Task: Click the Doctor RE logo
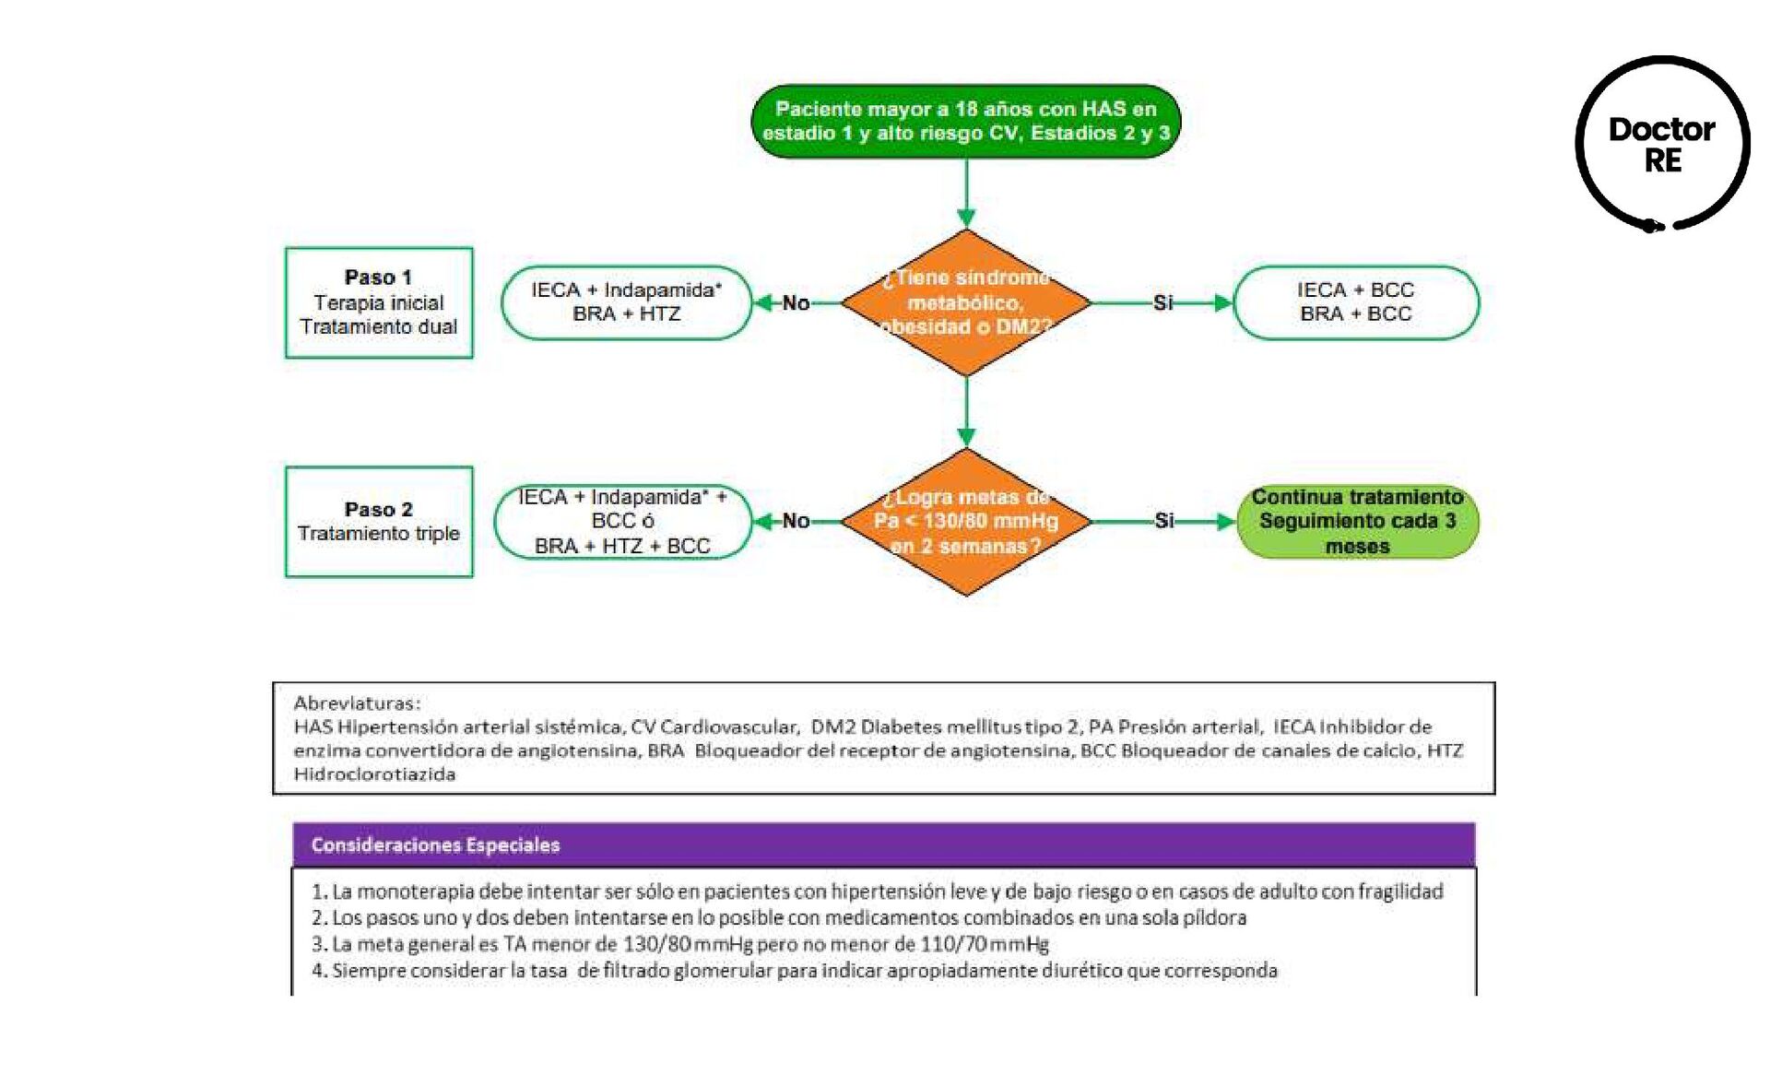pyautogui.click(x=1662, y=144)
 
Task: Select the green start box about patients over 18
pyautogui.click(x=966, y=121)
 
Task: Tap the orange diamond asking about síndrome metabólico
pyautogui.click(x=966, y=302)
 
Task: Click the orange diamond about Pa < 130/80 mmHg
pyautogui.click(x=966, y=522)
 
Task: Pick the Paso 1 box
pyautogui.click(x=379, y=302)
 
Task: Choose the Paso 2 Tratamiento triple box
pyautogui.click(x=379, y=522)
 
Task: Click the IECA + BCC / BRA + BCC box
pyautogui.click(x=1355, y=302)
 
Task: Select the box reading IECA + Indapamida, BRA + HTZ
pyautogui.click(x=626, y=302)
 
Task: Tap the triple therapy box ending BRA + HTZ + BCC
pyautogui.click(x=623, y=522)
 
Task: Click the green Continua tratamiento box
pyautogui.click(x=1357, y=522)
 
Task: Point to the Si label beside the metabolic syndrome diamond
pyautogui.click(x=1163, y=302)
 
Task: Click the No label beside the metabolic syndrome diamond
pyautogui.click(x=796, y=302)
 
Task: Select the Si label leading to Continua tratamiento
pyautogui.click(x=1164, y=521)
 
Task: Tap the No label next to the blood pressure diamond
pyautogui.click(x=796, y=521)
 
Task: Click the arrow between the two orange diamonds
pyautogui.click(x=966, y=412)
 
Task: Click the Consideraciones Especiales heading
pyautogui.click(x=436, y=845)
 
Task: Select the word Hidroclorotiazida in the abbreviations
pyautogui.click(x=374, y=774)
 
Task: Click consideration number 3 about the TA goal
pyautogui.click(x=680, y=944)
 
